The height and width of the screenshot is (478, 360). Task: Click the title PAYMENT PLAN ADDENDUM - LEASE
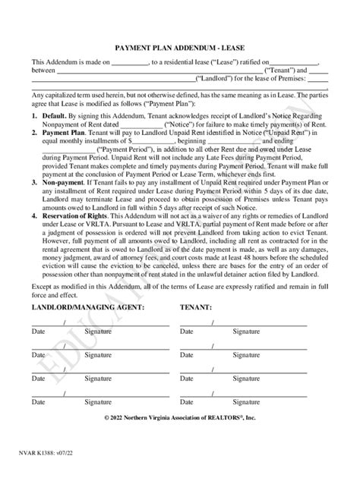(180, 46)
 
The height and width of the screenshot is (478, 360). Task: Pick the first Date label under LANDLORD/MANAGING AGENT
(38, 331)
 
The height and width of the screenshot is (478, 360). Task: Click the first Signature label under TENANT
(246, 331)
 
